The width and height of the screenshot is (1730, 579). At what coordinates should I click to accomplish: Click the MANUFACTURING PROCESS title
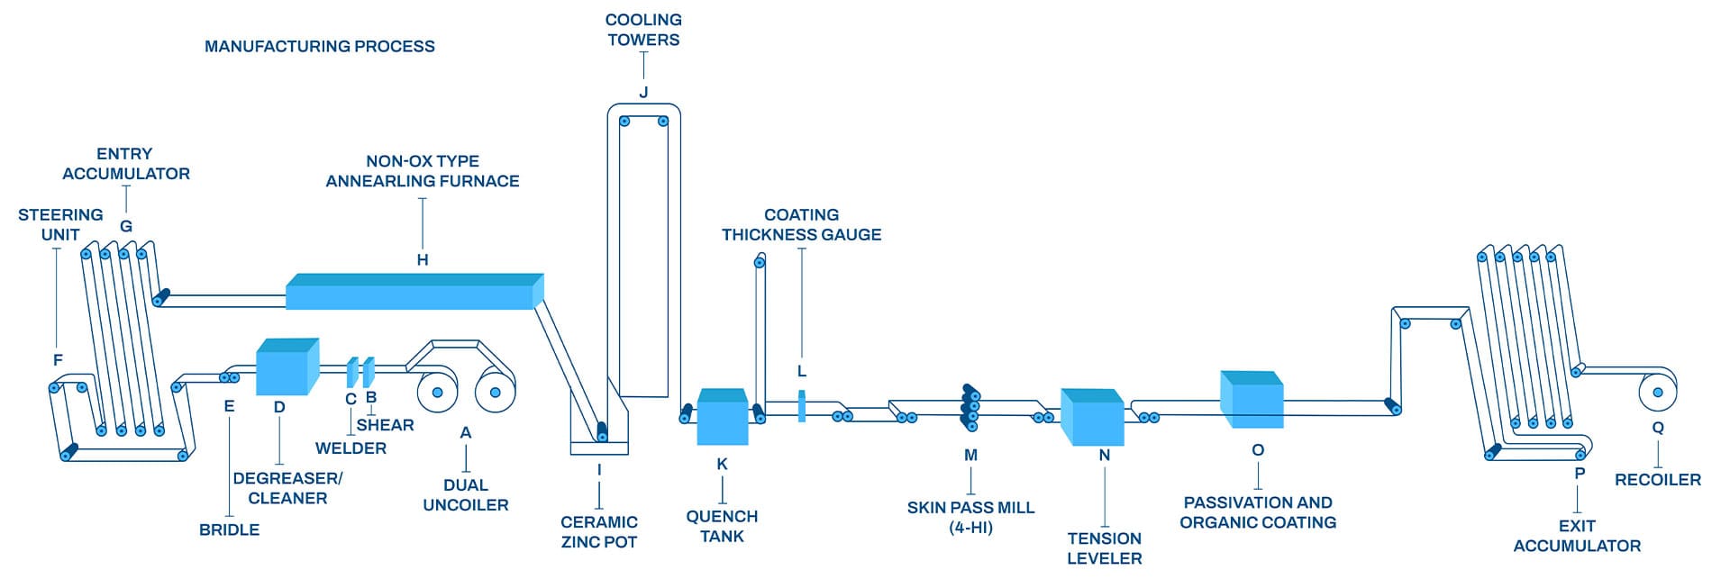click(x=319, y=46)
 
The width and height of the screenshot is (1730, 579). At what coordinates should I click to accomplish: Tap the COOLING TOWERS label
click(x=643, y=30)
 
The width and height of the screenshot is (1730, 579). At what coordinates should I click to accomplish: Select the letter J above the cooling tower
click(x=643, y=92)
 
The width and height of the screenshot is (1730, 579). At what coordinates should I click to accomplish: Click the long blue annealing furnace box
click(x=414, y=293)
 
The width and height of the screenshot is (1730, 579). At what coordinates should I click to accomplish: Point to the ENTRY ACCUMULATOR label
click(x=126, y=164)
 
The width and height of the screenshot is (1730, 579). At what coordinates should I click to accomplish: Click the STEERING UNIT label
click(x=60, y=224)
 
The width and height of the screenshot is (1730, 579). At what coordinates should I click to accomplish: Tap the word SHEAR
click(x=385, y=425)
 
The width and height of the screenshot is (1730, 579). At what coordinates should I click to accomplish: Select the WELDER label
click(x=351, y=448)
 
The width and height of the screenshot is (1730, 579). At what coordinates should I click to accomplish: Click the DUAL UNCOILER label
click(x=466, y=495)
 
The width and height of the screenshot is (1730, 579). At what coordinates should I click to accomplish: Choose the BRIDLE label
click(x=229, y=529)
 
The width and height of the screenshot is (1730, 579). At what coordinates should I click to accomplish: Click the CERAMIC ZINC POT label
click(x=599, y=531)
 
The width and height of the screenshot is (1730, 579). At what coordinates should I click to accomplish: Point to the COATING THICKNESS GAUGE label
click(x=801, y=224)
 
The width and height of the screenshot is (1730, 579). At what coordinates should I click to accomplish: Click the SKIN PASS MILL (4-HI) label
click(x=970, y=517)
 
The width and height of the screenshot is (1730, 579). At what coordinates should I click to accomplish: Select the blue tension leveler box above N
click(x=1091, y=417)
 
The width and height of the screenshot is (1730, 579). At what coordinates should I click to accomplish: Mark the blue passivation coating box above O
click(x=1252, y=400)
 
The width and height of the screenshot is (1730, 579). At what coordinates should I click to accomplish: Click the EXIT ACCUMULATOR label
click(x=1577, y=536)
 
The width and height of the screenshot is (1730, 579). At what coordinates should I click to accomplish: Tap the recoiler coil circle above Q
click(x=1657, y=392)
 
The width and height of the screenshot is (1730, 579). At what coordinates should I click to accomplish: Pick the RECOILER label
click(x=1657, y=480)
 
